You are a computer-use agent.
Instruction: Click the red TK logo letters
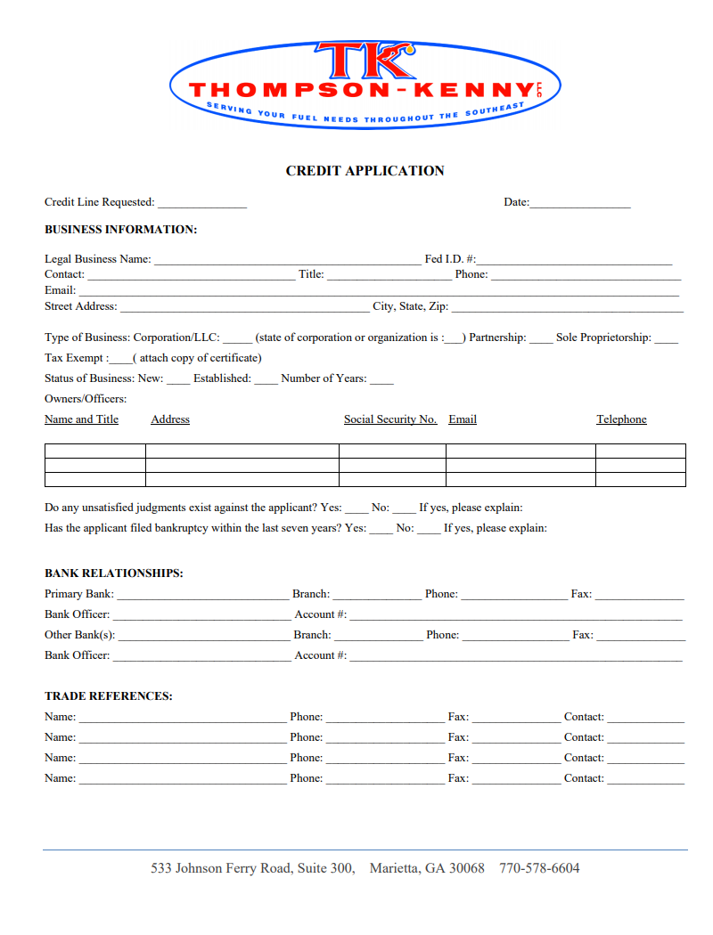point(365,61)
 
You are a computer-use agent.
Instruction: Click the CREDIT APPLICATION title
point(365,171)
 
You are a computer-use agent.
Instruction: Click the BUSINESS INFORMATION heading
point(120,230)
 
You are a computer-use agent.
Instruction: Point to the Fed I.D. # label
point(450,259)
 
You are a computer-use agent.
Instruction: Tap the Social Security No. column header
point(390,419)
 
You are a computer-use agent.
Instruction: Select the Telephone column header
point(621,419)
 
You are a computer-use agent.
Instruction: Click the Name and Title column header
point(81,419)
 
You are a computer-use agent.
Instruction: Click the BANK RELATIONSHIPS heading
point(114,573)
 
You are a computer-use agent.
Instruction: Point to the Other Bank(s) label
point(79,635)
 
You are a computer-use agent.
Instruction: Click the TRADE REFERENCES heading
point(109,696)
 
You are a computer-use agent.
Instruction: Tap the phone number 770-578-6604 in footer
point(539,868)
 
